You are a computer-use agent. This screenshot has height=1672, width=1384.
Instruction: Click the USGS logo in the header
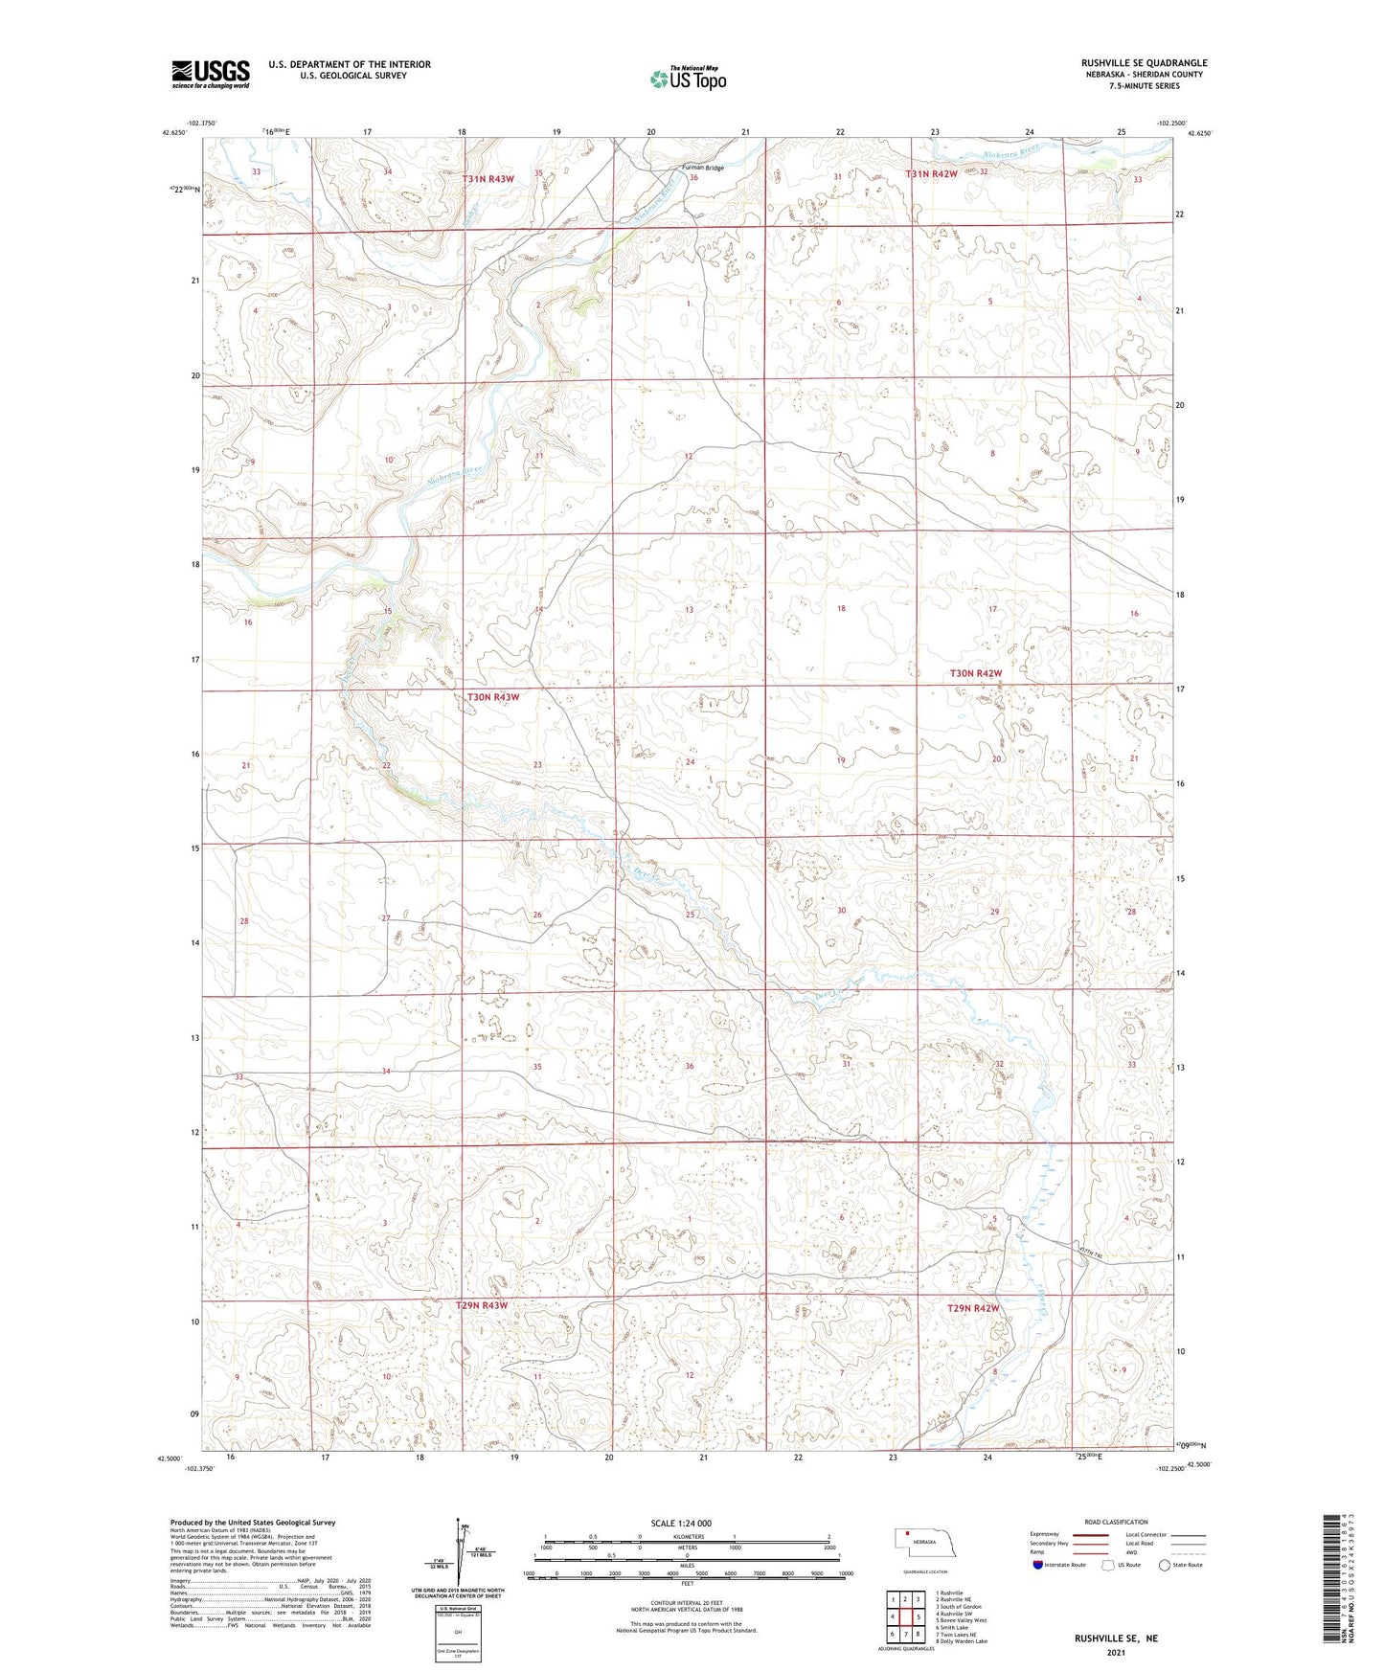[x=211, y=74]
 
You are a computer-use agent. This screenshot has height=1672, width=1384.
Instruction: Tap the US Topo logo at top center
[x=688, y=78]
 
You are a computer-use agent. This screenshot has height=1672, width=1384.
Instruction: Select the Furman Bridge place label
[x=702, y=168]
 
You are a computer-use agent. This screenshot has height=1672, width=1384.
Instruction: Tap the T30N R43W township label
[x=492, y=697]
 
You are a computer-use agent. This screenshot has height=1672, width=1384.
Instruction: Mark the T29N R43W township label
[x=481, y=1305]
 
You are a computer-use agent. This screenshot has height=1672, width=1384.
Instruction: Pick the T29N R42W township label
[x=972, y=1308]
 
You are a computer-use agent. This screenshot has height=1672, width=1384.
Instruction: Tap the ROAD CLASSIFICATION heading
[x=1116, y=1522]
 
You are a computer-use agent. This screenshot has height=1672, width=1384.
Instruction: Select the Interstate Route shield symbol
[x=1038, y=1565]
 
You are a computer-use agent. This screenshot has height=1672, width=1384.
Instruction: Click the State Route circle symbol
[x=1164, y=1565]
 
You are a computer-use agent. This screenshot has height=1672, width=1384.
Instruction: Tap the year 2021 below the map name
[x=1116, y=1653]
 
